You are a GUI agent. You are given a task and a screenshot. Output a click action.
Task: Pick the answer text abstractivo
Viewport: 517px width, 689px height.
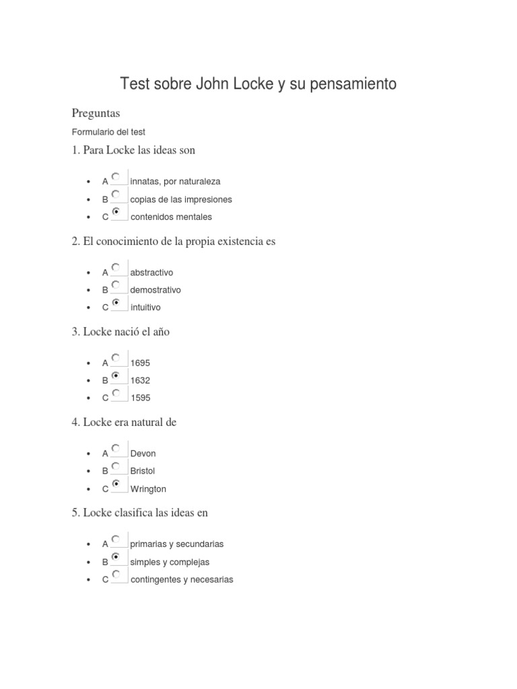point(151,273)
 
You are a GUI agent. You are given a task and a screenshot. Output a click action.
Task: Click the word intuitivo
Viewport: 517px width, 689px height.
point(145,307)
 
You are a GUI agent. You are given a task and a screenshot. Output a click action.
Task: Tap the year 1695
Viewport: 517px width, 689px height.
point(140,363)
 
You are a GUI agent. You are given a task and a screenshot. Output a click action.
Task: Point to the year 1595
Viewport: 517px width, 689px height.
point(140,398)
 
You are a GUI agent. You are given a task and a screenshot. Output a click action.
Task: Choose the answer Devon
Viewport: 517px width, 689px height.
point(143,454)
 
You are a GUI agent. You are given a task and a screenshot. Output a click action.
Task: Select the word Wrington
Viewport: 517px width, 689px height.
point(148,489)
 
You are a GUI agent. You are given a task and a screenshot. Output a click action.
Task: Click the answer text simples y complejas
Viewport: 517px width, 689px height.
point(170,562)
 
